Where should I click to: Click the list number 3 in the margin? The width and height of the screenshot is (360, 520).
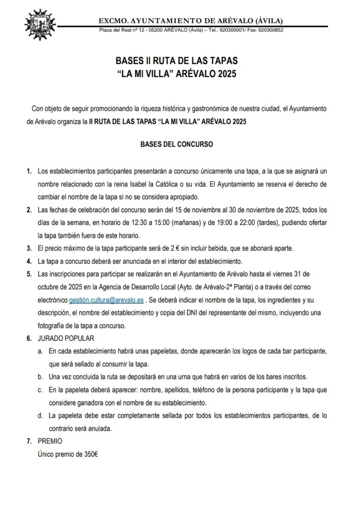pos(28,249)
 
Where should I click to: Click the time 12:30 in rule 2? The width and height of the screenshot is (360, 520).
pos(156,222)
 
